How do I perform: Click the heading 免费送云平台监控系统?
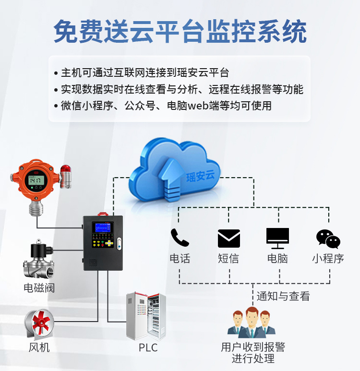[180, 32]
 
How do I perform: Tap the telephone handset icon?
[180, 238]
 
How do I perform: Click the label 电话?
[180, 259]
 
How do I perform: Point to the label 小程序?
[328, 259]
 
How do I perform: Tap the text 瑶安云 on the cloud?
[201, 176]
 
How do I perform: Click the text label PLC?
[148, 347]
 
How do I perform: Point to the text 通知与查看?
[283, 296]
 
